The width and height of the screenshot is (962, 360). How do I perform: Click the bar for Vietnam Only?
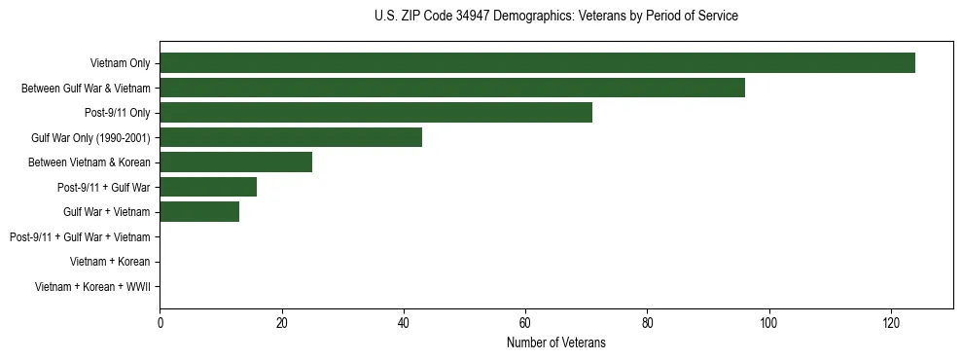click(537, 63)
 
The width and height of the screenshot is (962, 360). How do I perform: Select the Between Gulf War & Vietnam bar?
click(452, 88)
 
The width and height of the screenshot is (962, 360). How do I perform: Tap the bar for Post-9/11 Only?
click(375, 113)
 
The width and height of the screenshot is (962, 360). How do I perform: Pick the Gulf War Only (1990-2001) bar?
click(291, 137)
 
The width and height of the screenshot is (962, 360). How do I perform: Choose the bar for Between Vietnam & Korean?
click(235, 162)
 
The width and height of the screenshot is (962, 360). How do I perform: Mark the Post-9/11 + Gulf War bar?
click(208, 187)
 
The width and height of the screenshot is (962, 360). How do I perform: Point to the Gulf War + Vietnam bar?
click(199, 211)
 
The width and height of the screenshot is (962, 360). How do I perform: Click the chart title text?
click(555, 17)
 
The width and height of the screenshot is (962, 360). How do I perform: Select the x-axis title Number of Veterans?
click(555, 342)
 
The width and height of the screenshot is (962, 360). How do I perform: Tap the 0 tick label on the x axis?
click(160, 323)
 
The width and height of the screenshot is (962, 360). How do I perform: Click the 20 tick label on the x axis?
click(281, 323)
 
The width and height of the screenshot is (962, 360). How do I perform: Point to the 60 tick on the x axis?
click(525, 323)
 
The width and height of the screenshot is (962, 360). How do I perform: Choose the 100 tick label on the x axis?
click(768, 323)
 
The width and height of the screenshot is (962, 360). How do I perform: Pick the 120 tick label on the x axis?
click(890, 323)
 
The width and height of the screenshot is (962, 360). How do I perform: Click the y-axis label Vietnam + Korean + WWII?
click(92, 286)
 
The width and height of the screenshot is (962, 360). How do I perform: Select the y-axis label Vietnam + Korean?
click(110, 262)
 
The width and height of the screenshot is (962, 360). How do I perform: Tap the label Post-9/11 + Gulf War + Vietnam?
click(80, 236)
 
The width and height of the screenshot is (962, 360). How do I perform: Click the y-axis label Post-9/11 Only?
click(117, 113)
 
